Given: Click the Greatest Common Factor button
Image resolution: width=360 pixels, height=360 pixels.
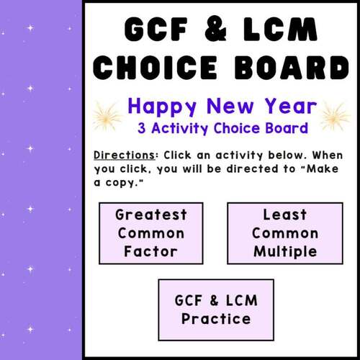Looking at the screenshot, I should (151, 233).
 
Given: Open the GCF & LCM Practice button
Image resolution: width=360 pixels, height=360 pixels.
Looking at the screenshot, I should (216, 310).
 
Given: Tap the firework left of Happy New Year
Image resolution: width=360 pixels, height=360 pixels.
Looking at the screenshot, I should (107, 115).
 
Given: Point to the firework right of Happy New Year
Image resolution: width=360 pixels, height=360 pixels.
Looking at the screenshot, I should (335, 115).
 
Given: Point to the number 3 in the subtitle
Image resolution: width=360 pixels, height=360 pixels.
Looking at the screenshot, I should (143, 129).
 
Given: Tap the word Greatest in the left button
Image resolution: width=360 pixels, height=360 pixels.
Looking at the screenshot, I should (151, 215).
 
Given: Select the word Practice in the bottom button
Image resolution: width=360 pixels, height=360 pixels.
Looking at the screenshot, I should (216, 319).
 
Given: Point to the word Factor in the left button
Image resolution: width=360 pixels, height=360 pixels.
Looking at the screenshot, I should (151, 252).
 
